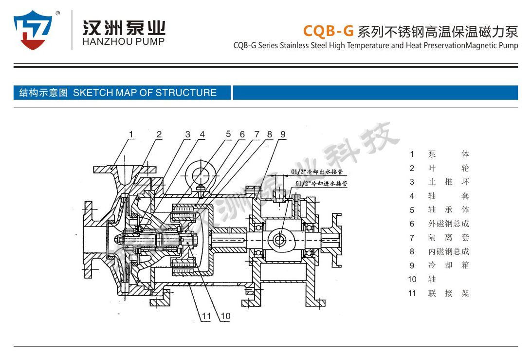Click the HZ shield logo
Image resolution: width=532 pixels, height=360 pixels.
[x=33, y=30]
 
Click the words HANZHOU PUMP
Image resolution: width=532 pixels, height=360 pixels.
[x=124, y=41]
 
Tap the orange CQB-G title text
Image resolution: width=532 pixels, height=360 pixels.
[x=328, y=31]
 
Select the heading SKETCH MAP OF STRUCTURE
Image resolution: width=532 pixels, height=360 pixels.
[x=145, y=93]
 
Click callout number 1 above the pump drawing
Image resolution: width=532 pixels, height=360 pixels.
[x=131, y=134]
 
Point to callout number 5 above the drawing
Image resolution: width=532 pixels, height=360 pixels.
[x=228, y=134]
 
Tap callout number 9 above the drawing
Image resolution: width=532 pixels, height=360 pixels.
[x=283, y=134]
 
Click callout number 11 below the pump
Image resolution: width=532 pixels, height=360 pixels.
[x=207, y=316]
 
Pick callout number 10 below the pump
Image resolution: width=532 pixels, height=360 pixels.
[x=225, y=316]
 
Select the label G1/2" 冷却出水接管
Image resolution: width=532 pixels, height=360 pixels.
[x=317, y=171]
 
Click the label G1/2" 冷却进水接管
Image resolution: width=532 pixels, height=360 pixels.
[x=321, y=184]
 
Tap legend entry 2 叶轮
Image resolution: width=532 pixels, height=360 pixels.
[x=448, y=168]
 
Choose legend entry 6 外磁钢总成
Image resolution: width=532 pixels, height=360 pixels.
[x=448, y=224]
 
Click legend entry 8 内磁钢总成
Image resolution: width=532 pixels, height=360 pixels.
[x=448, y=251]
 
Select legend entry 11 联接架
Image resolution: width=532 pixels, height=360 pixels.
[x=448, y=293]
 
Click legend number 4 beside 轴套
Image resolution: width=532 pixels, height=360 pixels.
[x=412, y=196]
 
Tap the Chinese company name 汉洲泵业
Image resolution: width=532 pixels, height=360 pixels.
[x=124, y=26]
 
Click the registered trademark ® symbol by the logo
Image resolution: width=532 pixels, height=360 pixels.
[x=58, y=14]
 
